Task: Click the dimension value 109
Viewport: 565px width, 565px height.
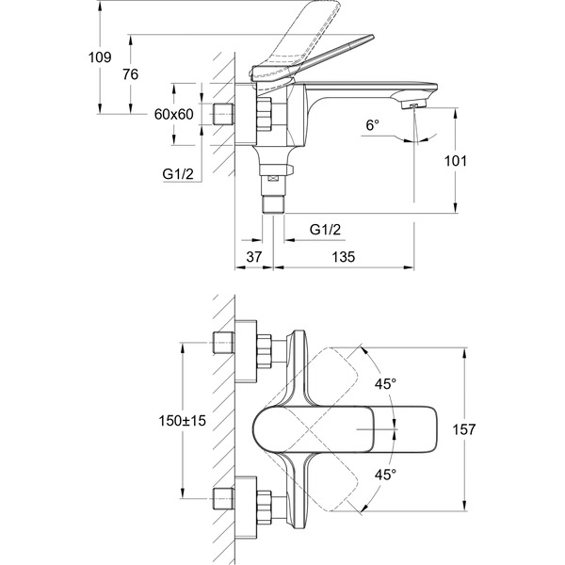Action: pos(100,57)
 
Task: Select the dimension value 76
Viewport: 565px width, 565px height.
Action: pos(130,74)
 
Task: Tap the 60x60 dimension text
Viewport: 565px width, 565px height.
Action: pos(173,114)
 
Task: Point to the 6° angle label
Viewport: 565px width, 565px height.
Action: pos(373,125)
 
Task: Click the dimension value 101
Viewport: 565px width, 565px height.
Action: pos(455,161)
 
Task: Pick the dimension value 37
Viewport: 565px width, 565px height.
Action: pos(254,256)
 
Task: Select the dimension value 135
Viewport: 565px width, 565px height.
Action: pos(344,256)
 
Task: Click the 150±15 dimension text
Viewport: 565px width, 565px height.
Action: pos(183,420)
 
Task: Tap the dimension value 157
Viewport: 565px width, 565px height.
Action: pos(463,429)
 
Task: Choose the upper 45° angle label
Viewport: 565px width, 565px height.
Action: pos(385,384)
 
